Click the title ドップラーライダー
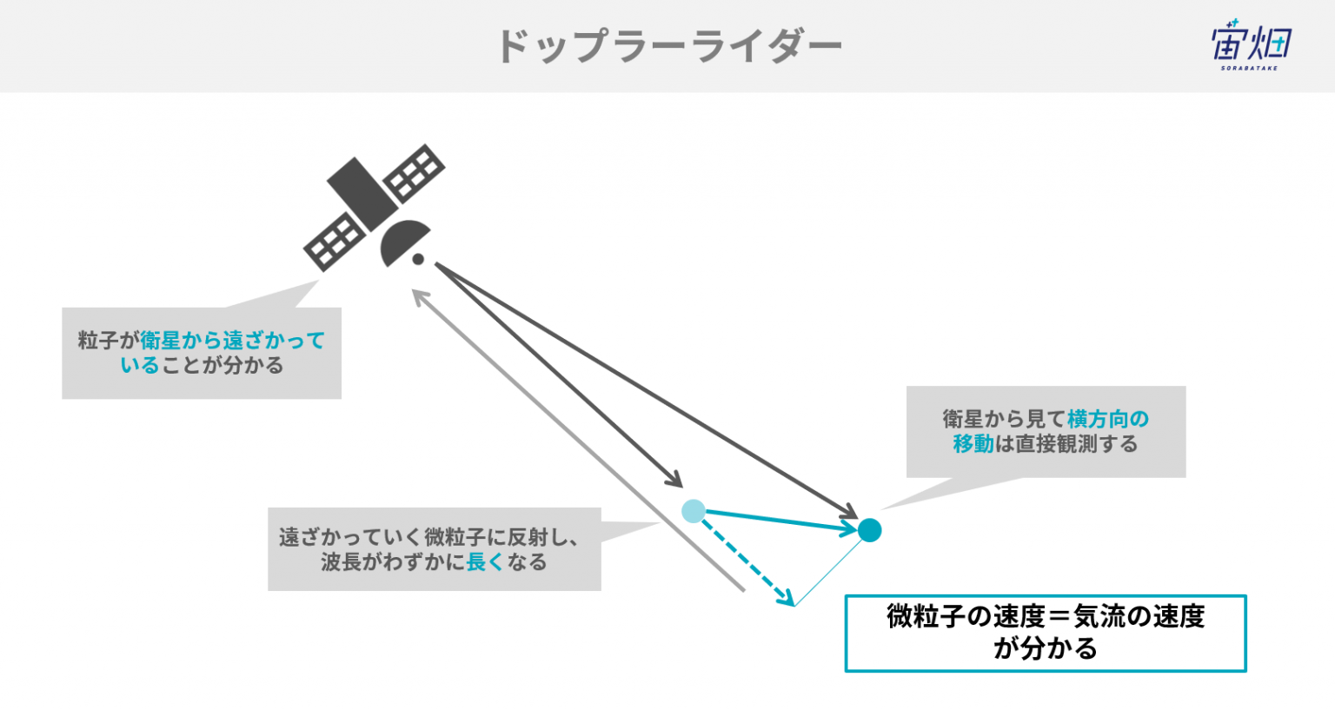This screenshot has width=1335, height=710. point(669,46)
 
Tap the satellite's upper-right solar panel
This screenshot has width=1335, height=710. point(414,173)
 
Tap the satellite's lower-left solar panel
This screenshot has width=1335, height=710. point(335,242)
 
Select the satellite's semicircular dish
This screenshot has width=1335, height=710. point(404,242)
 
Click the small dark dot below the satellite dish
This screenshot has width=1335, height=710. point(418,259)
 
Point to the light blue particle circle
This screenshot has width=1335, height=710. point(693,512)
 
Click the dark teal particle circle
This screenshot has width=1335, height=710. point(869,530)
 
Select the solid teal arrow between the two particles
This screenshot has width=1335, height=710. point(781,521)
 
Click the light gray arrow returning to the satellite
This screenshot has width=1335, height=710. point(578,441)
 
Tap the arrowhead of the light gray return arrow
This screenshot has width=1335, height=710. point(419,296)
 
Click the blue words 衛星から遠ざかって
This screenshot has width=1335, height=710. point(233,341)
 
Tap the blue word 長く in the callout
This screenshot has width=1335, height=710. point(484,562)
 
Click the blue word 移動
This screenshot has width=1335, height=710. point(973,444)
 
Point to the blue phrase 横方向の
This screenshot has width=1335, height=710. point(1108,419)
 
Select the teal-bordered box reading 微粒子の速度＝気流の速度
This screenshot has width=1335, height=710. point(1046,634)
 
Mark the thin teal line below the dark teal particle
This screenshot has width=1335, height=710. point(829,573)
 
